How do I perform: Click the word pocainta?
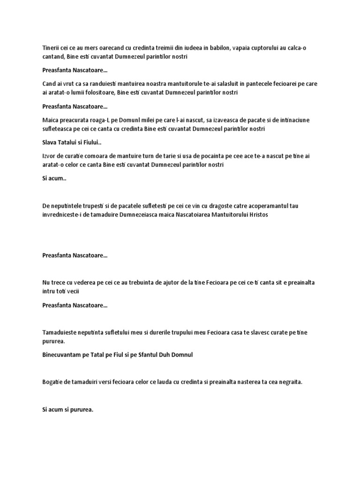pos(213,156)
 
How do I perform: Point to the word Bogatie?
pos(52,382)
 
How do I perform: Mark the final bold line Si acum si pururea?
pos(68,410)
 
